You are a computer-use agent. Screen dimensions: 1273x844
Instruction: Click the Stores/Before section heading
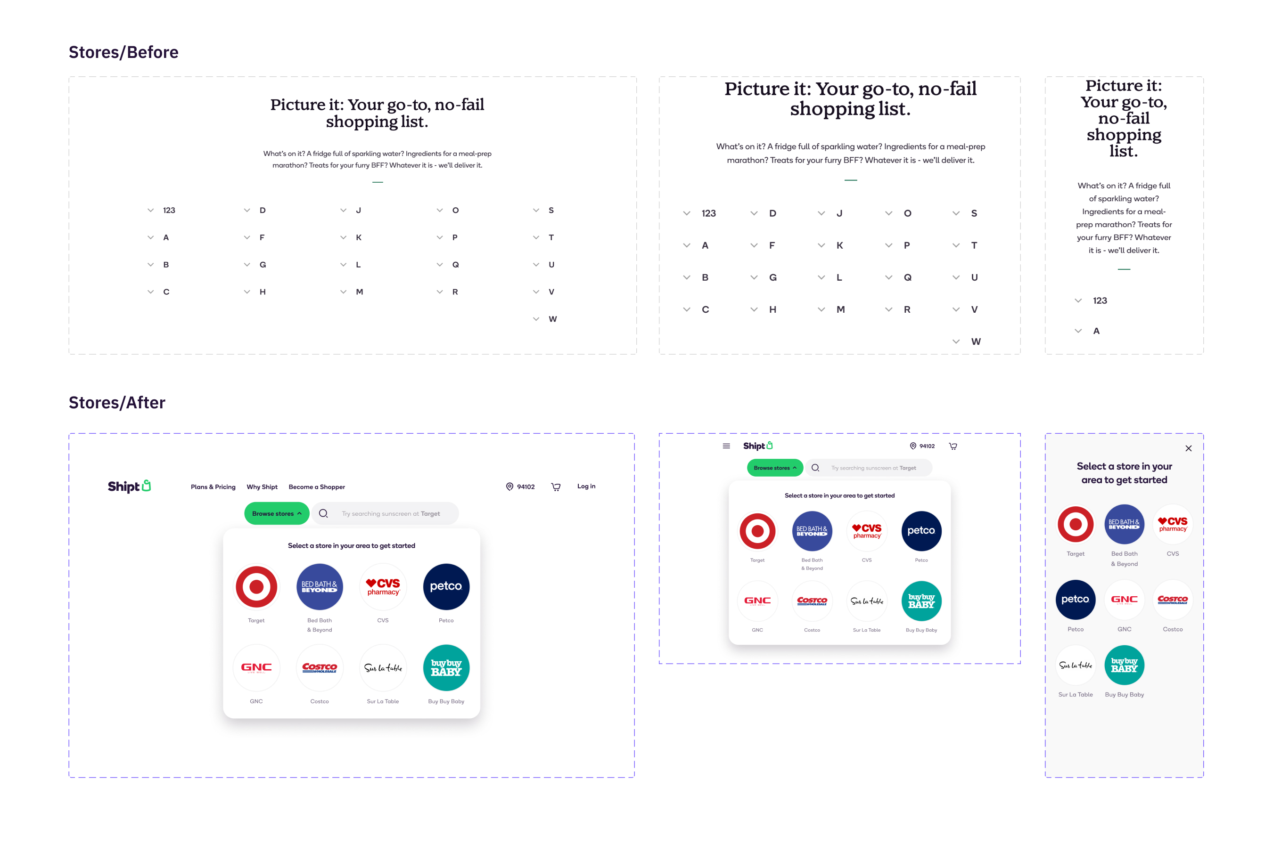(x=123, y=52)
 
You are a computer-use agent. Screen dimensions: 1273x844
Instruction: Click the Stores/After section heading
(x=117, y=403)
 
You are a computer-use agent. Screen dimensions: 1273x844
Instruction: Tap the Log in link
(x=586, y=486)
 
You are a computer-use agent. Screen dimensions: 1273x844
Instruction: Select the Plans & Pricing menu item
(x=213, y=487)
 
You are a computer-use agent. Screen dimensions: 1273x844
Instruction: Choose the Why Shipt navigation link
(x=262, y=487)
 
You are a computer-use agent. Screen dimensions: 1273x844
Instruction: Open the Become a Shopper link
(x=317, y=487)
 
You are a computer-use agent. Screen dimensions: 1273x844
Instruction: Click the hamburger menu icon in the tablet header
(x=726, y=446)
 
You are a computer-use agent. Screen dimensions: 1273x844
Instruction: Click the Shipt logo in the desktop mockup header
(x=129, y=486)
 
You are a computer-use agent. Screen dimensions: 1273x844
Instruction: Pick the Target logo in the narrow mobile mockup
(x=1075, y=524)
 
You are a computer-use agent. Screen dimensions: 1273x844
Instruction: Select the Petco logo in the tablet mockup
(x=921, y=531)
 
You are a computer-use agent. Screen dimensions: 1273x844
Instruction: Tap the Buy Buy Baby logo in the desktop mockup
(x=446, y=667)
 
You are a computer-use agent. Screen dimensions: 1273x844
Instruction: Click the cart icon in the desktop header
(x=556, y=487)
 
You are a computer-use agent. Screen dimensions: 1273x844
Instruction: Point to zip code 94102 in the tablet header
(x=926, y=446)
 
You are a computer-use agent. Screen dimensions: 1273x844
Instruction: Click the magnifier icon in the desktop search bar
(x=323, y=513)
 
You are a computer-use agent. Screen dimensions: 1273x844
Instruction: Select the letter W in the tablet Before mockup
(x=975, y=341)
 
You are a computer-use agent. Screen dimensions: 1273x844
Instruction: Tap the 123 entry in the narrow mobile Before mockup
(x=1100, y=300)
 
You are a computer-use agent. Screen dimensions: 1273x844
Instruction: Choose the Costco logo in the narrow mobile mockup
(x=1172, y=600)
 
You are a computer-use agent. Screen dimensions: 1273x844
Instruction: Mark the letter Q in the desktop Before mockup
(x=456, y=264)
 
